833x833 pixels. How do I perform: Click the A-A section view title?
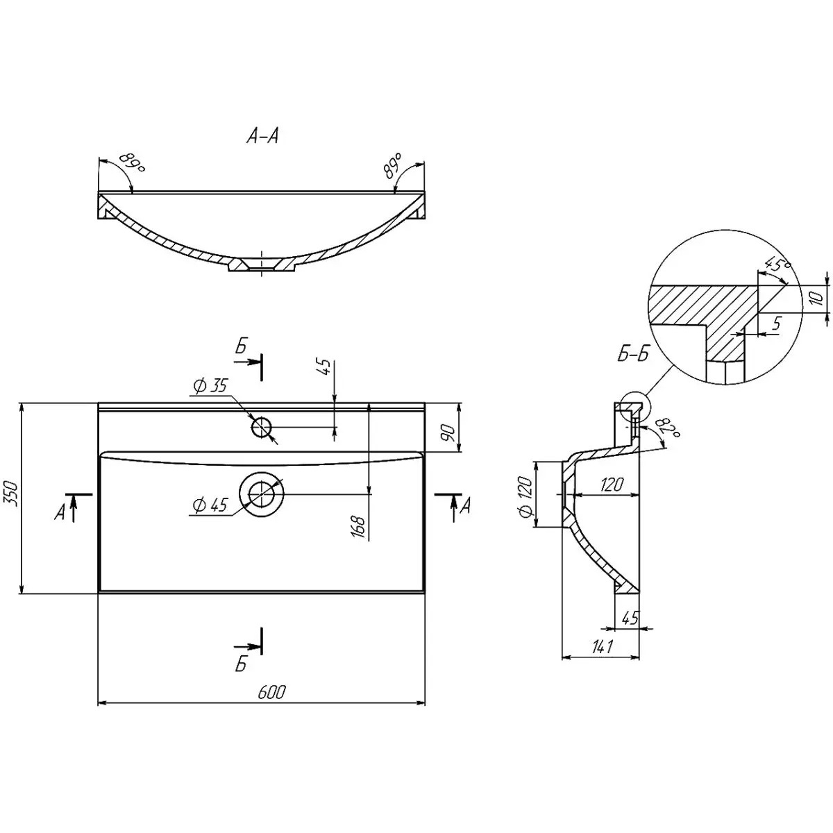(262, 137)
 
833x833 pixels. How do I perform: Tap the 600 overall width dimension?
(272, 692)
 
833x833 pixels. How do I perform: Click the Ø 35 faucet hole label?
(210, 385)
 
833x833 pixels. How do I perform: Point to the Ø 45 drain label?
(210, 505)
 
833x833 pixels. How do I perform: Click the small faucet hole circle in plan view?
(262, 428)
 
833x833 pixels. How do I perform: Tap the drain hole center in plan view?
(262, 494)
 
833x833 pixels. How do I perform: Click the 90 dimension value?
(448, 432)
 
